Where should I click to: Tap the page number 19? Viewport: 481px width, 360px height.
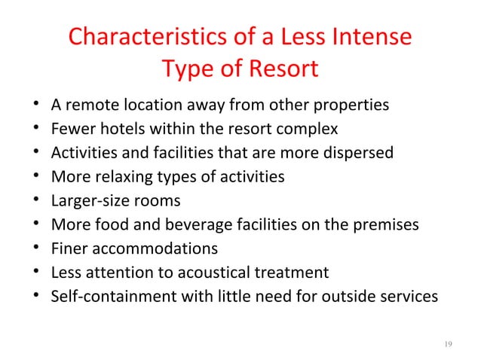448,344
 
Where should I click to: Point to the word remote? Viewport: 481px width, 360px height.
92,105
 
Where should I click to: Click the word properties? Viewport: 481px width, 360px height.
351,105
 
